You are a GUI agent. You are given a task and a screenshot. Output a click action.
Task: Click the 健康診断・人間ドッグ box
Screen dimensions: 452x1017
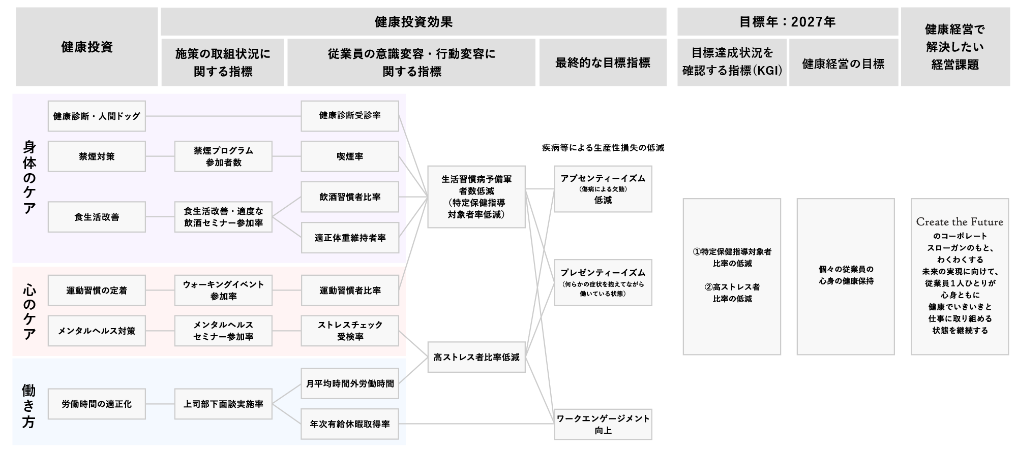click(97, 116)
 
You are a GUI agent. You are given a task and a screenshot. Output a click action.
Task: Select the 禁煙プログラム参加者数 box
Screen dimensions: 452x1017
click(223, 156)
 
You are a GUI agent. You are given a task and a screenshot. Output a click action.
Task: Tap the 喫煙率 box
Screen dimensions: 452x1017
click(350, 156)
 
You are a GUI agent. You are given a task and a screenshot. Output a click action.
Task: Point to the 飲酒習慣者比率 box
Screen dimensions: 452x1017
click(350, 197)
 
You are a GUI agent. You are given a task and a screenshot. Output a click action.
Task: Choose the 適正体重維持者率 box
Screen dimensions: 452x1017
click(350, 238)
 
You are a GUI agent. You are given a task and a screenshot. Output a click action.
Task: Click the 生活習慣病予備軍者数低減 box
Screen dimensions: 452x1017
click(476, 197)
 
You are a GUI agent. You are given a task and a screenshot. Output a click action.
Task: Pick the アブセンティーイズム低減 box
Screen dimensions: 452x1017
click(603, 189)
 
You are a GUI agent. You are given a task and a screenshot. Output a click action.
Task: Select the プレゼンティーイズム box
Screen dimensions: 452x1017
click(603, 282)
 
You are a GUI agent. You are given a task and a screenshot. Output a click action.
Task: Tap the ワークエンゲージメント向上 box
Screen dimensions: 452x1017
click(603, 424)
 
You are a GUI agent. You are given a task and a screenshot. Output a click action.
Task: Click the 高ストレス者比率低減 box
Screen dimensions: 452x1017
click(476, 357)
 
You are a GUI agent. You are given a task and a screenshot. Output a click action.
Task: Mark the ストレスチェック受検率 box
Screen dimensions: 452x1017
click(350, 331)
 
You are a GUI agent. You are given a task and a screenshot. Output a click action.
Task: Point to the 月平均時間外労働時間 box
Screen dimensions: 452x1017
click(350, 383)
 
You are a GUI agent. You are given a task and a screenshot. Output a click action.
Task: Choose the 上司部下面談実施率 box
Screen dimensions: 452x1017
click(223, 404)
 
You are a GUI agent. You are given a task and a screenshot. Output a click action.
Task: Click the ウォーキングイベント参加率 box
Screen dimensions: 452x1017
click(223, 290)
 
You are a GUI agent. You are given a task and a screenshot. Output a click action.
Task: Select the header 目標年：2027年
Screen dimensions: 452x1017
click(787, 22)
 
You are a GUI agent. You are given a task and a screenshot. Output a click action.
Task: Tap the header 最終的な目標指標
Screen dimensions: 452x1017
click(603, 63)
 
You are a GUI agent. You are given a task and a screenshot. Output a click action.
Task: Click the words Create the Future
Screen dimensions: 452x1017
click(960, 222)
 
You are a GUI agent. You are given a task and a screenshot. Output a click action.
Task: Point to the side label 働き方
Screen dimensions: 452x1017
click(29, 406)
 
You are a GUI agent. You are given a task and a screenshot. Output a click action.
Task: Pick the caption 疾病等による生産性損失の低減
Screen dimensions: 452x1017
click(603, 148)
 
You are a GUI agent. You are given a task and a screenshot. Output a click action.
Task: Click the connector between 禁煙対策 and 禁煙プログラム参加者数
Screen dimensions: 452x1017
click(160, 156)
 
